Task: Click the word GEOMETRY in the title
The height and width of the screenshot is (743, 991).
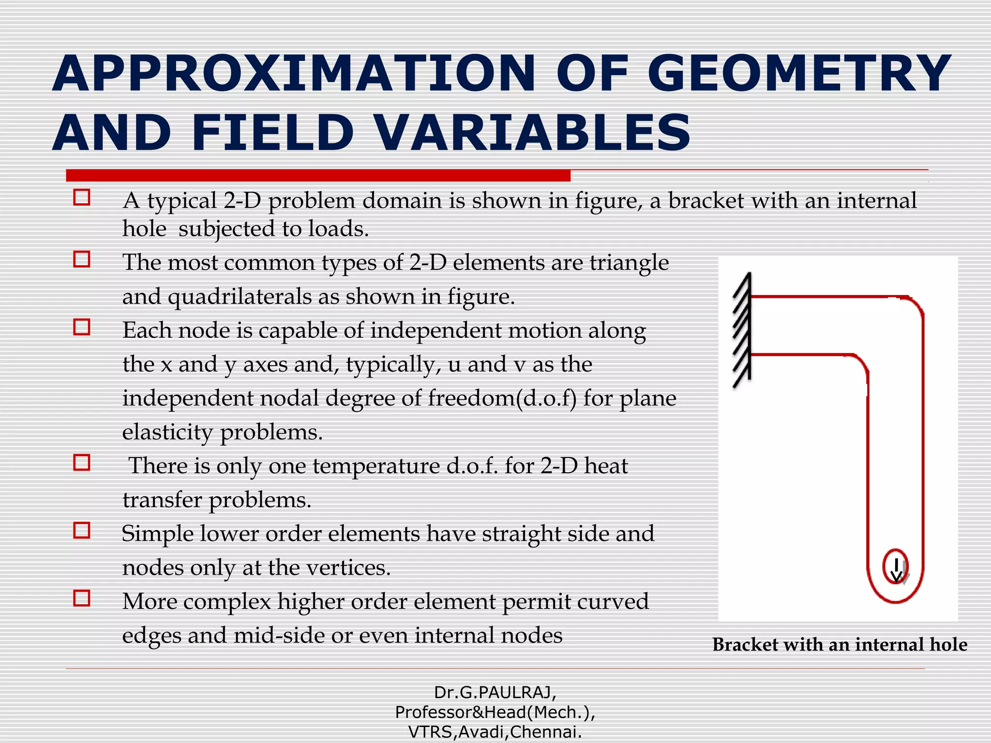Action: point(799,74)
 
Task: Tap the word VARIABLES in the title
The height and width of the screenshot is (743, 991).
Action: point(532,133)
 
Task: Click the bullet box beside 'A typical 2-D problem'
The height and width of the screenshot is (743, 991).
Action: point(82,197)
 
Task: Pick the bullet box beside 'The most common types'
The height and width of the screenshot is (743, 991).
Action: point(82,259)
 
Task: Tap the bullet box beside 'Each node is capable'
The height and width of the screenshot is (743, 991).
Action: point(82,327)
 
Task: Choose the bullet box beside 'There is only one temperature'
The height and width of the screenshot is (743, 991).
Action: point(82,462)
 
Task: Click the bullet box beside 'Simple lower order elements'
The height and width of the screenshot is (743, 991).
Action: point(82,531)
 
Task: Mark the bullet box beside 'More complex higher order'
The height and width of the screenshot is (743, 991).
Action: point(82,598)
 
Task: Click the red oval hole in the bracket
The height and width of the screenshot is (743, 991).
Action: point(895,566)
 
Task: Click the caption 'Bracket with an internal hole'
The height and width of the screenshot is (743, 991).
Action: point(840,645)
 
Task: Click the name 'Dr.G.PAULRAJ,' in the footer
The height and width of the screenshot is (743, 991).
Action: point(495,693)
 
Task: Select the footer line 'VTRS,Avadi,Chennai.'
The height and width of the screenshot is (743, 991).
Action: point(495,732)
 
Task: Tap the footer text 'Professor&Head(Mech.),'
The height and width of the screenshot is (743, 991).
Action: point(495,712)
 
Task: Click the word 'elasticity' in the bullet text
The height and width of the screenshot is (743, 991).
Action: point(167,432)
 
